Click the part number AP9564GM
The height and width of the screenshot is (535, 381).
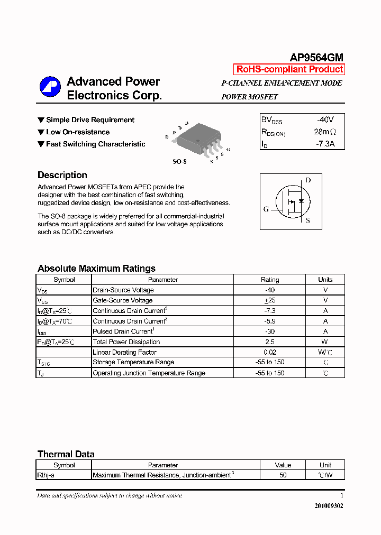(316, 58)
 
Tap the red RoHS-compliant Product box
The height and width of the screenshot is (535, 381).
(289, 69)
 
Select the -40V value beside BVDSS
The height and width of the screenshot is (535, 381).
(325, 120)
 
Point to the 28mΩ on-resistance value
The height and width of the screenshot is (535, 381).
(324, 132)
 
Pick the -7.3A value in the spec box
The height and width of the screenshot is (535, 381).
(325, 143)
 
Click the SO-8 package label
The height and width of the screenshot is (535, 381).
(179, 161)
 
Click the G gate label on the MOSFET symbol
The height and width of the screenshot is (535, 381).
(266, 209)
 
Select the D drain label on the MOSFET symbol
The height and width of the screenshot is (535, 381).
(308, 180)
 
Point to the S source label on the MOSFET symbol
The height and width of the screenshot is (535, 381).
(308, 220)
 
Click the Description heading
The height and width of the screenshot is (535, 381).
(62, 175)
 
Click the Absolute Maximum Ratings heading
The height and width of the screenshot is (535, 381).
(96, 268)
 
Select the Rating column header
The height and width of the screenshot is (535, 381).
(270, 280)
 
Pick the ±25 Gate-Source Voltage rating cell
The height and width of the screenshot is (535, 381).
(270, 300)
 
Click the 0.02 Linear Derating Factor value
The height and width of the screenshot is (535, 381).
(270, 352)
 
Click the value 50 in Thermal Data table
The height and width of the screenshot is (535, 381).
(283, 475)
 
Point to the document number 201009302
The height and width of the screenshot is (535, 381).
(329, 505)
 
